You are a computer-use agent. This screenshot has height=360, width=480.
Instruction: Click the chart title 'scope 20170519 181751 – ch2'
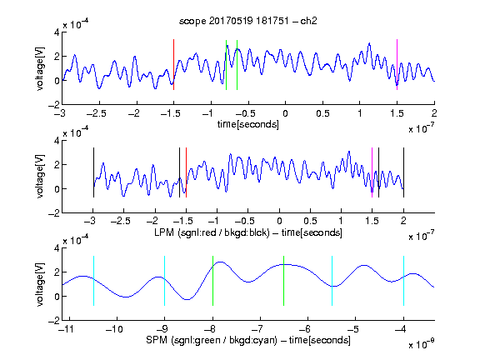tap(248, 21)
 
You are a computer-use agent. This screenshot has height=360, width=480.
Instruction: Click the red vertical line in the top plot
tap(174, 65)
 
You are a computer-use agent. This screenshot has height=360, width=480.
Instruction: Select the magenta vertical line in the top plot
tap(397, 65)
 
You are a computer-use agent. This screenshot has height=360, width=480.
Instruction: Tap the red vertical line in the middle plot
tap(186, 172)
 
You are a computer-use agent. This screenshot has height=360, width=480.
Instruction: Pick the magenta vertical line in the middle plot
tap(372, 172)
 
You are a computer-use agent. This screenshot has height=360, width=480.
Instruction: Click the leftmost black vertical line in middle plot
tap(93, 172)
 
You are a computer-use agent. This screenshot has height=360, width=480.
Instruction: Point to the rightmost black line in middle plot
tap(404, 172)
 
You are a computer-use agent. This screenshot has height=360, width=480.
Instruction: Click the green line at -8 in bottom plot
tap(212, 281)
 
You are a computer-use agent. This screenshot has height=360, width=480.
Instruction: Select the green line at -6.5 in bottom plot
tap(284, 281)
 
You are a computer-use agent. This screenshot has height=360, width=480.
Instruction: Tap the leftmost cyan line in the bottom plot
tap(93, 281)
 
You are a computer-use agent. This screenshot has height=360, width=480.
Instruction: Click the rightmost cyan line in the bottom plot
tap(404, 281)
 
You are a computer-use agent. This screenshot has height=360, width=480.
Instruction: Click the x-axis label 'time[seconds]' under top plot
tap(248, 124)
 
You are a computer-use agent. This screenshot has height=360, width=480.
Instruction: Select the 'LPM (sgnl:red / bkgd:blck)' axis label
tap(212, 232)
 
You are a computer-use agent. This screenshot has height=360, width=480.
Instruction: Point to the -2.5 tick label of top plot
tap(96, 113)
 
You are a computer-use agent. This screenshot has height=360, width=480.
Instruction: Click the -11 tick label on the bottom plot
tap(67, 329)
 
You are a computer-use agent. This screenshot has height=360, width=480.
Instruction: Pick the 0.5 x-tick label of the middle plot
tap(310, 221)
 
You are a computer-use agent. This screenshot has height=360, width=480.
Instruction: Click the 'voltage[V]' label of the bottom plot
tap(40, 284)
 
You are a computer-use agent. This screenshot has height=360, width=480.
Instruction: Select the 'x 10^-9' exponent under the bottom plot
tap(422, 345)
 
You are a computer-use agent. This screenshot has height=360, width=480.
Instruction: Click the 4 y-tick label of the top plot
tap(57, 32)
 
